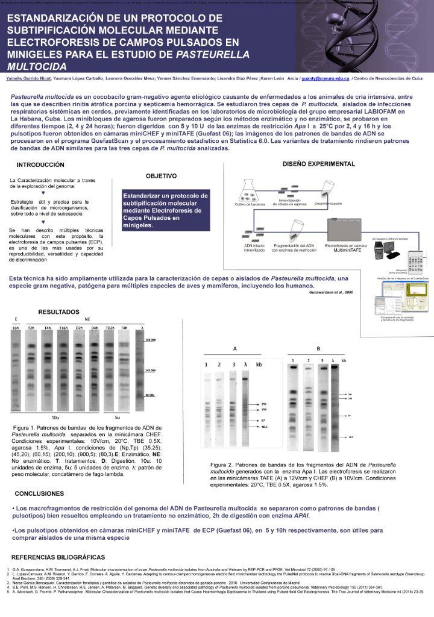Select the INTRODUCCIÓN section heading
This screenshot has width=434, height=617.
point(40,164)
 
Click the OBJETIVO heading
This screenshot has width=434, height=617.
point(161,176)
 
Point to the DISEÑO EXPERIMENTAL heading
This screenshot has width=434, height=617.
point(319,164)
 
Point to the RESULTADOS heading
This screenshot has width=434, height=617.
point(58,312)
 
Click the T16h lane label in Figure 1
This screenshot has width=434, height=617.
point(63,328)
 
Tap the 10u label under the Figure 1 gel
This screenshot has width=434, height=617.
point(55,417)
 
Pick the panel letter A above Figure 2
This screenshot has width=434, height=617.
point(234,349)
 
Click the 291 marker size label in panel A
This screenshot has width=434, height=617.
point(263,404)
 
